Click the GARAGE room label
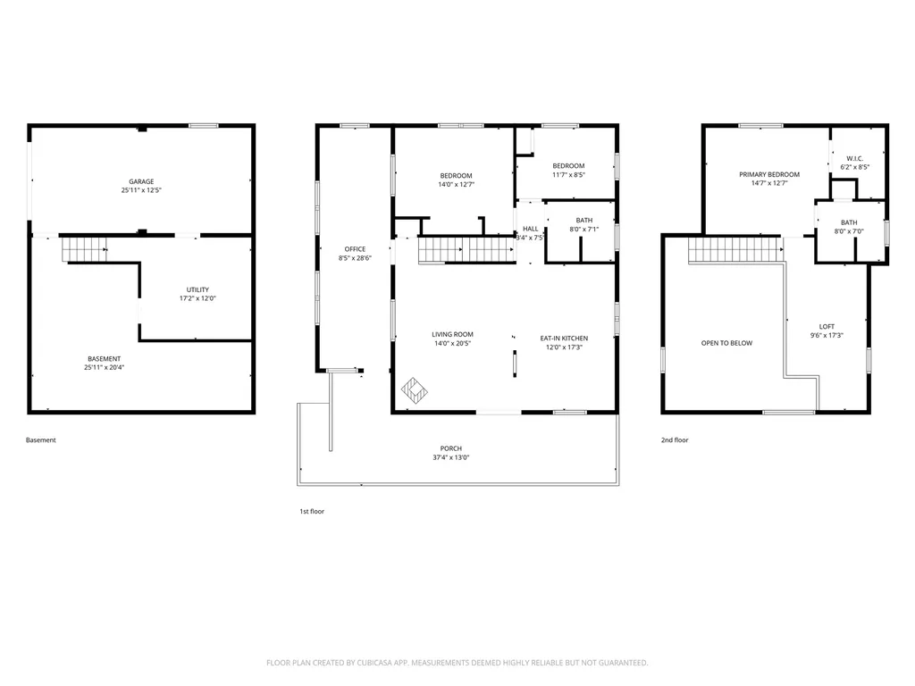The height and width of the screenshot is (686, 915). [x=141, y=181]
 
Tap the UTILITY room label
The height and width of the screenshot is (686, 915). [x=197, y=289]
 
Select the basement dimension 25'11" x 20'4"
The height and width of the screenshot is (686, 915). [x=104, y=367]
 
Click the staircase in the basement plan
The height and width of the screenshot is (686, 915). [x=85, y=249]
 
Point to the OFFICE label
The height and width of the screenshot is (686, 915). [x=355, y=249]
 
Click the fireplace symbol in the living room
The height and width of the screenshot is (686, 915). [x=415, y=390]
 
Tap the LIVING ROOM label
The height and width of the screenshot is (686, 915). [x=452, y=334]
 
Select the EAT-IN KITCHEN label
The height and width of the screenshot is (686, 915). [x=565, y=339]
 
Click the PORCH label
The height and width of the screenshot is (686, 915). [x=451, y=448]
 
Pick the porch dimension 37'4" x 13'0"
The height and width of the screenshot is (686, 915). [x=451, y=457]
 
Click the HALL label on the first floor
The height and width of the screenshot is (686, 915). [x=531, y=229]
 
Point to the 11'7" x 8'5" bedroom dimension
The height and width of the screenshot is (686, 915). [x=568, y=174]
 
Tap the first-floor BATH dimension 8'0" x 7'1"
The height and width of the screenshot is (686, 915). [x=584, y=230]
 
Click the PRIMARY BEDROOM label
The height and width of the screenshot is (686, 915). [x=769, y=174]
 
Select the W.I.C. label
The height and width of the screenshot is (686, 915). [x=855, y=159]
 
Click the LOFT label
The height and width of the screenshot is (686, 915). [x=827, y=327]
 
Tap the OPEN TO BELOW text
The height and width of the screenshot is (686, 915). [x=726, y=343]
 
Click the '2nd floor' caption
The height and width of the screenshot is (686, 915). [x=675, y=439]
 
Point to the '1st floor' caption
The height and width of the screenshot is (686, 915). [x=312, y=511]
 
